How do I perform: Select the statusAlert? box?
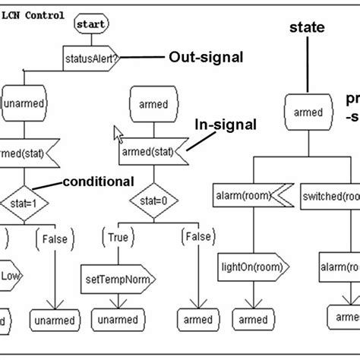coord(90,58)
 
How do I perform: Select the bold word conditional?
coord(98,182)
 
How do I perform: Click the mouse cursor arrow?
coord(118,134)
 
